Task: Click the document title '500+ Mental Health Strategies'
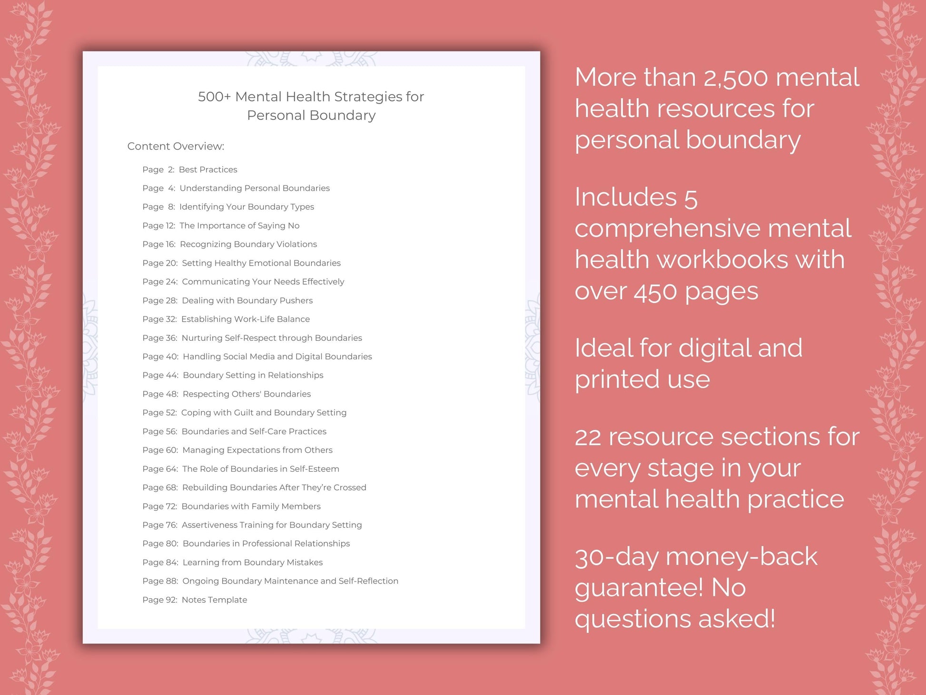(x=311, y=97)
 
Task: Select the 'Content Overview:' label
(x=176, y=146)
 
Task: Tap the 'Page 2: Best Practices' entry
(x=189, y=169)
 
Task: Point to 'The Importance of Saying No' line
(x=239, y=226)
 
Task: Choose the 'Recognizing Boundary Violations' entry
(x=248, y=244)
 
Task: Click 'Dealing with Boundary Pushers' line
(x=247, y=300)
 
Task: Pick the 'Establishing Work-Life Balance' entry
(x=245, y=319)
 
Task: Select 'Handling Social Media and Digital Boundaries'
(x=277, y=357)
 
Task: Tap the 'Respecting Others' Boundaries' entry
(x=246, y=394)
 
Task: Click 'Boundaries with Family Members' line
(x=251, y=506)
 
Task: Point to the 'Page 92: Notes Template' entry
(x=195, y=600)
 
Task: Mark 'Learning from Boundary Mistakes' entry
(x=252, y=563)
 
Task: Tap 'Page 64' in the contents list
(x=160, y=469)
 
